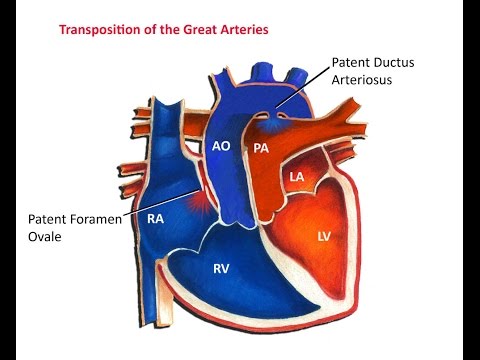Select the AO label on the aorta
coord(222,146)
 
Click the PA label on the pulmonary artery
coord(262,148)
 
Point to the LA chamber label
coord(296,177)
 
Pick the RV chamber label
coord(223,267)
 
